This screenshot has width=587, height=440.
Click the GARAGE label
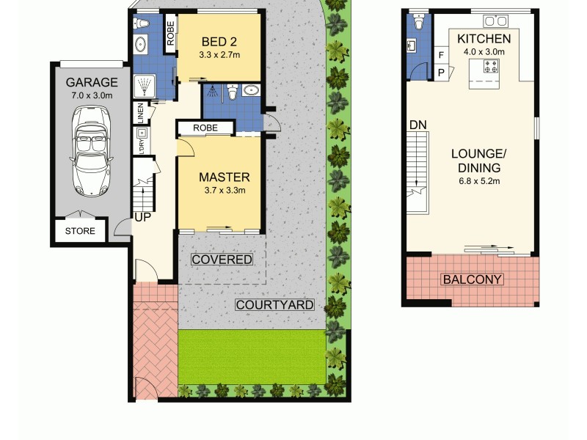click(x=92, y=82)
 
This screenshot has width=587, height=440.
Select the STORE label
click(x=80, y=231)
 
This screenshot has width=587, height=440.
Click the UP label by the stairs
click(x=142, y=217)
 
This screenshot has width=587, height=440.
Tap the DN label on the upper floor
click(x=418, y=125)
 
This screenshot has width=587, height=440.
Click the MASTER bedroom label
click(x=225, y=177)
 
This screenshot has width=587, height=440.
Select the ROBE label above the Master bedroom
click(x=205, y=128)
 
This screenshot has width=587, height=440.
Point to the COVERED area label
click(x=222, y=260)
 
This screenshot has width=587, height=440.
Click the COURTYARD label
click(x=274, y=305)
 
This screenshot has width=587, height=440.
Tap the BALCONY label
click(x=472, y=279)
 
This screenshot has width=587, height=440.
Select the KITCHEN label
click(x=483, y=38)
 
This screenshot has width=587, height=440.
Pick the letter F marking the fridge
click(x=441, y=55)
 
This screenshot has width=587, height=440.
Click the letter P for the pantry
click(x=441, y=72)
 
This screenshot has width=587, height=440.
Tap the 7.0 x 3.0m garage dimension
click(x=92, y=95)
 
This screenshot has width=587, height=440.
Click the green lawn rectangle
click(x=252, y=356)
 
